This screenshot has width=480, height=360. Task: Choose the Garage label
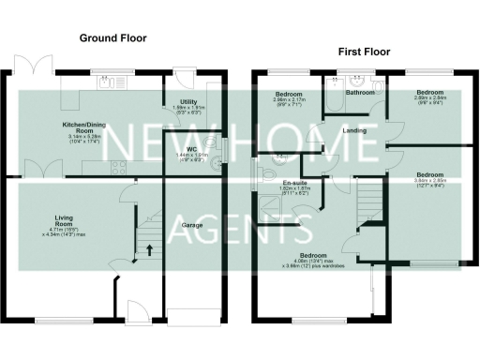click(x=192, y=226)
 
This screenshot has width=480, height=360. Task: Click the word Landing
click(x=354, y=130)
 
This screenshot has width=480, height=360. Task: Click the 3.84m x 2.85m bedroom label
click(x=430, y=179)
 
